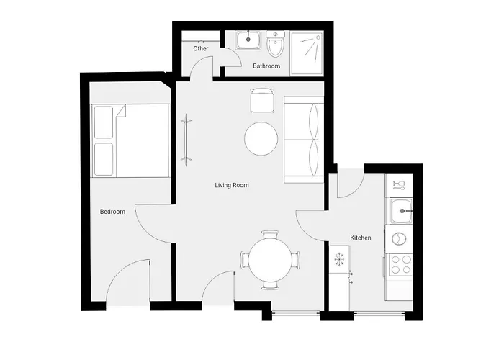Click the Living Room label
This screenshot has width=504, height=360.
coord(232,185)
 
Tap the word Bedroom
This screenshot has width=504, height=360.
coord(112,212)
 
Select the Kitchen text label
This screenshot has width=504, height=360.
coord(361,238)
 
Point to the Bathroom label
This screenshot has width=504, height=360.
coord(266,66)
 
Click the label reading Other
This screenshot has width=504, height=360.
coord(201,49)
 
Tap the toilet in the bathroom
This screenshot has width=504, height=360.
coord(274,45)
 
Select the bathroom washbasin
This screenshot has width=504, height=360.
coord(248,40)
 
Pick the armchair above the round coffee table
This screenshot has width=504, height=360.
coord(262,100)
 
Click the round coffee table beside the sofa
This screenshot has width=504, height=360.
coord(261,139)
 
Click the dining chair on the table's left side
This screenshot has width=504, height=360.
coord(245,260)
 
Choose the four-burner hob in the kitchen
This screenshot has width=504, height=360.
coord(400,264)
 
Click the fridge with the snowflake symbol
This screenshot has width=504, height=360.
coord(339,261)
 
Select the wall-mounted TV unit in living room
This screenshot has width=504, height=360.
coord(187,138)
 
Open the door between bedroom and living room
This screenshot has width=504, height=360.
coord(153,225)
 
